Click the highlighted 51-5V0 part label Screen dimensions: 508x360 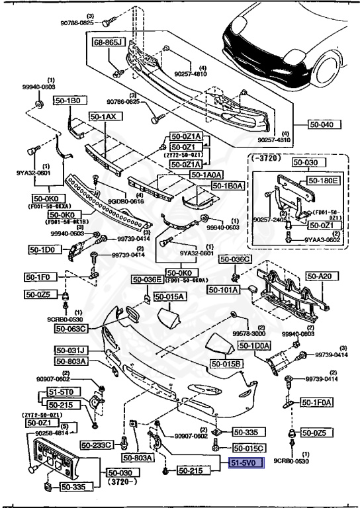(x=246, y=464)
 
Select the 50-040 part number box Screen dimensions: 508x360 (x=324, y=124)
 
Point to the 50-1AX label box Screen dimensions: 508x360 (x=103, y=116)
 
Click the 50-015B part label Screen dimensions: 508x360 (x=227, y=364)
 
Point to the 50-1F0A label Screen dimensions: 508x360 (x=318, y=402)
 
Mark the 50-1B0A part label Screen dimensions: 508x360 (x=228, y=186)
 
